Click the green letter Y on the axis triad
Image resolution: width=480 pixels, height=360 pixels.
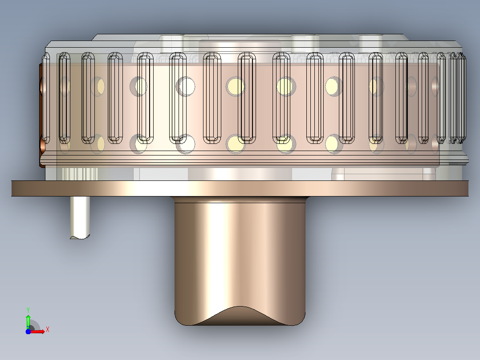[28, 310]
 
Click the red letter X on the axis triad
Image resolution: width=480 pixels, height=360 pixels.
[48, 330]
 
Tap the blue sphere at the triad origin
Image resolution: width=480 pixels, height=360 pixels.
[28, 331]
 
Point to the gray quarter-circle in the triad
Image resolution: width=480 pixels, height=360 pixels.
[34, 325]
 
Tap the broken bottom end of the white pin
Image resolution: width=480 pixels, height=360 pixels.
[80, 237]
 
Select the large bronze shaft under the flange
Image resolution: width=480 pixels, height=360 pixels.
[240, 261]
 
